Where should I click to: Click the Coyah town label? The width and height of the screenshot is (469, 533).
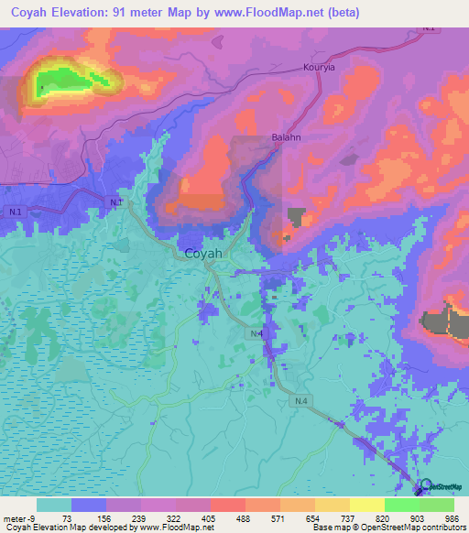pos(206,254)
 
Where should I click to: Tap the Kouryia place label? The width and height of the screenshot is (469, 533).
pos(322,67)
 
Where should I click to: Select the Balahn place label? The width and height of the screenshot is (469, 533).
pos(287,138)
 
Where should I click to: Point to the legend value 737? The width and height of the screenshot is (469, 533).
pos(349,517)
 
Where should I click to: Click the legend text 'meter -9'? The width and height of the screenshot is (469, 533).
pos(19,517)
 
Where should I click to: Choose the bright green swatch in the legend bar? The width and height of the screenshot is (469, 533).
pos(401,505)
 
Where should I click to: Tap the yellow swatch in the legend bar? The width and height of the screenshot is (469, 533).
pos(366,505)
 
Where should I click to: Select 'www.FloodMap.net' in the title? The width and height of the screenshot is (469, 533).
pos(265,13)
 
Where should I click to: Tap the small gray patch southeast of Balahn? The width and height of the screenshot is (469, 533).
pos(296,216)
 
